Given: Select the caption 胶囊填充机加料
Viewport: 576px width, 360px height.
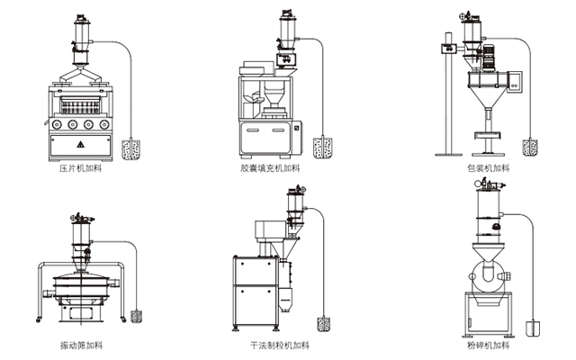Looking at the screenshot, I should point(270,168).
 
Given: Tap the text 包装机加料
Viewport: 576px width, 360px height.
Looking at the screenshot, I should point(488,168).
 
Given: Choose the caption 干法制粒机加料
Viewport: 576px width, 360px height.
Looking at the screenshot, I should point(279,346).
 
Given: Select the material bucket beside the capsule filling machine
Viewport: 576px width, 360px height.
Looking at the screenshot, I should point(320,148).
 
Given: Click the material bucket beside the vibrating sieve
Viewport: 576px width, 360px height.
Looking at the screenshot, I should point(137,317).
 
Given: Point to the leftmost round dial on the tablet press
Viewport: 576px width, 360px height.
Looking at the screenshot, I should point(61,124).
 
